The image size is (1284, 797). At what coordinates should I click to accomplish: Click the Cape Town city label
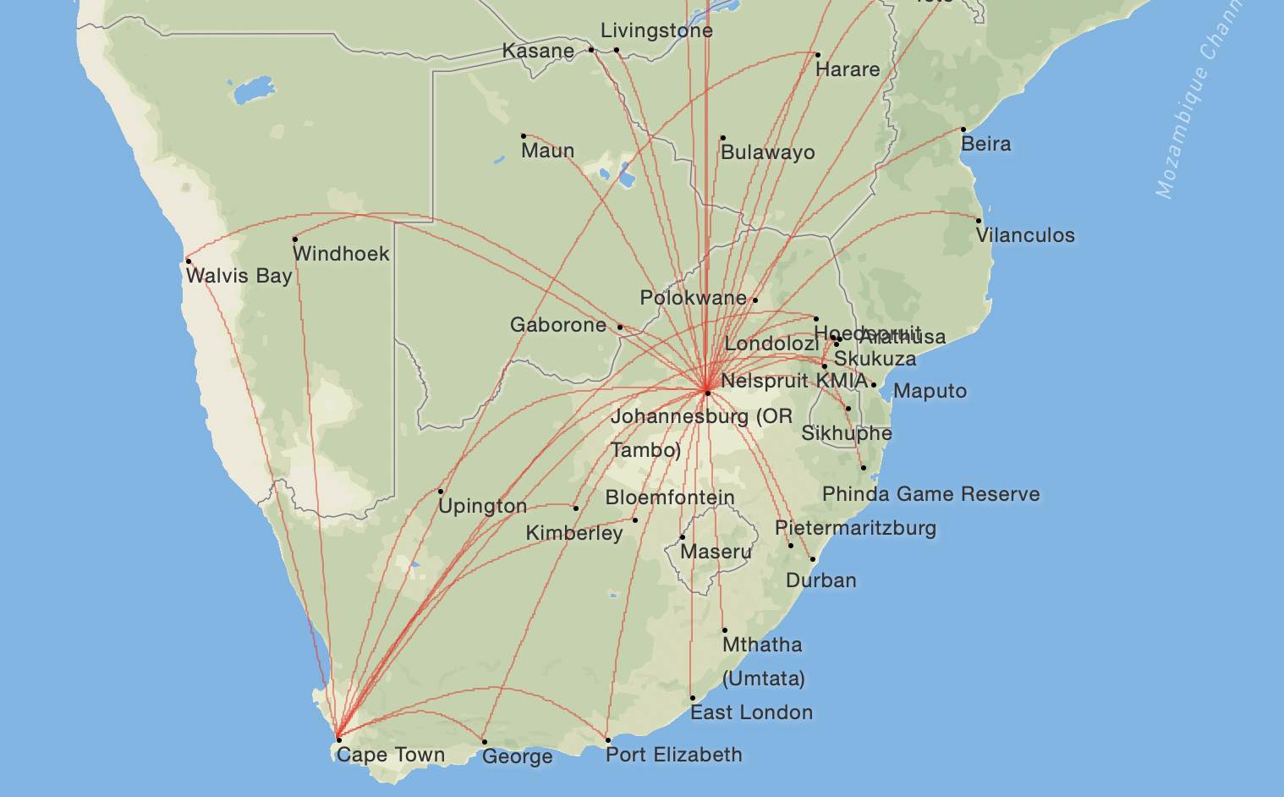390,755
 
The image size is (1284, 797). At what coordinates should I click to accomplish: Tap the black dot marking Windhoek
294,239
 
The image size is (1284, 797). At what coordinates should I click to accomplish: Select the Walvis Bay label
239,276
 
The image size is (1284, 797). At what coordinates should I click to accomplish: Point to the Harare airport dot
817,55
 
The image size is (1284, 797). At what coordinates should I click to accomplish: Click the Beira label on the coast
985,144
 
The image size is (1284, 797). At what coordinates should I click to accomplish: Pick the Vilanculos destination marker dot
979,221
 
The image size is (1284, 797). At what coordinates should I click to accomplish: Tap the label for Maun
547,151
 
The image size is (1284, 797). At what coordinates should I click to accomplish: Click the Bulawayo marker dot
722,138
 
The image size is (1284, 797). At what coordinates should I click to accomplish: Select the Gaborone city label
557,325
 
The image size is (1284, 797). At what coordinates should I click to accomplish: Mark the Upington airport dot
441,492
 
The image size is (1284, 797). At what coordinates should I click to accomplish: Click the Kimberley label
574,533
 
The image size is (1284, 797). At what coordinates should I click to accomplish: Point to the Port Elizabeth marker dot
608,740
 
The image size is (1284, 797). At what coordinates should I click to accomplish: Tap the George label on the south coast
517,756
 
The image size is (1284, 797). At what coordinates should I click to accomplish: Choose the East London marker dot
693,698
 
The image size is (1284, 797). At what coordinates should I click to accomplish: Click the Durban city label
820,580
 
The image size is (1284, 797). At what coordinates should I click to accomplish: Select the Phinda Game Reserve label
930,494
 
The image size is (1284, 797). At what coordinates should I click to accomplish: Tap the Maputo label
930,391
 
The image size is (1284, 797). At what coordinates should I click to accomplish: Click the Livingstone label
656,30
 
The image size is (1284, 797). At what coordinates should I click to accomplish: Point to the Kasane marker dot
591,50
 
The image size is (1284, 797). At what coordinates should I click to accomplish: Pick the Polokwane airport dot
754,300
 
